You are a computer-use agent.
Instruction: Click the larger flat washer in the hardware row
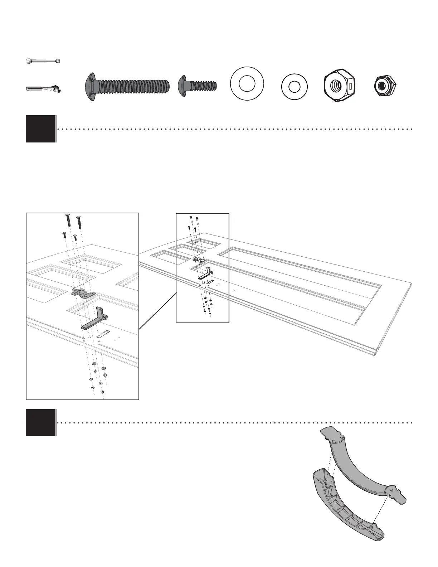247,84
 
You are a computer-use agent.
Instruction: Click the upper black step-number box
40,129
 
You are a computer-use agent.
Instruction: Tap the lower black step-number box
40,422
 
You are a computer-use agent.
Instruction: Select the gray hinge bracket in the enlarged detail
83,292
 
